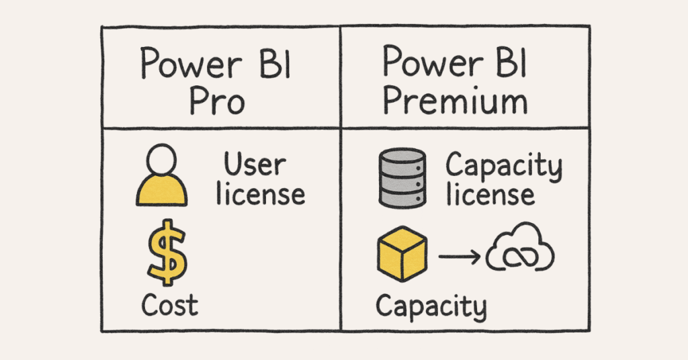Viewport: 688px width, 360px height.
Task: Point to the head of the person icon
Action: point(161,161)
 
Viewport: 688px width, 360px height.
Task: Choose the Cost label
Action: point(169,306)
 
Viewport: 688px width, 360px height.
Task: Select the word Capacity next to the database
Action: point(503,166)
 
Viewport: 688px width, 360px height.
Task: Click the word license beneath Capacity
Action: point(491,195)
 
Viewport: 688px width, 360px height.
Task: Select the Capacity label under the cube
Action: point(430,306)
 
